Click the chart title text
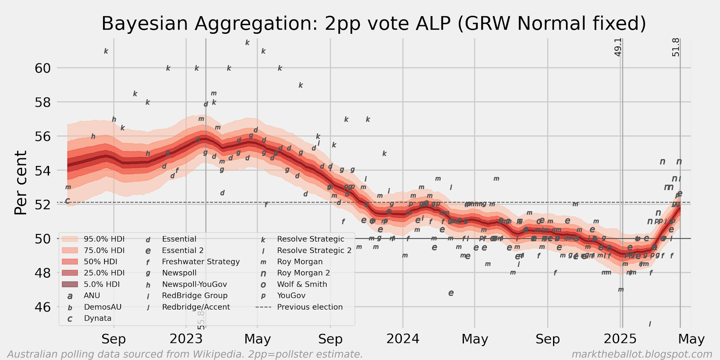[373, 23]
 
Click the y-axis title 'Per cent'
[21, 183]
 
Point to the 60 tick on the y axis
[43, 68]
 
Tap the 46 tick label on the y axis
[43, 307]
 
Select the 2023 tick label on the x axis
[186, 339]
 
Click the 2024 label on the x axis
[403, 339]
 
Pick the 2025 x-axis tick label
[620, 339]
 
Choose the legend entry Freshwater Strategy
[201, 261]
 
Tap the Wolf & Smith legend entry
[302, 284]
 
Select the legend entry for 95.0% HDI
[104, 239]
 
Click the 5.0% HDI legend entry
[102, 284]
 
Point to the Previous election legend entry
[310, 307]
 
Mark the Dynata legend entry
[98, 318]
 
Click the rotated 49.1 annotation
[618, 47]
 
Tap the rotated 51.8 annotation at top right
[676, 47]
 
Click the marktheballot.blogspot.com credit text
[642, 354]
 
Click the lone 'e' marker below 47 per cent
[451, 293]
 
